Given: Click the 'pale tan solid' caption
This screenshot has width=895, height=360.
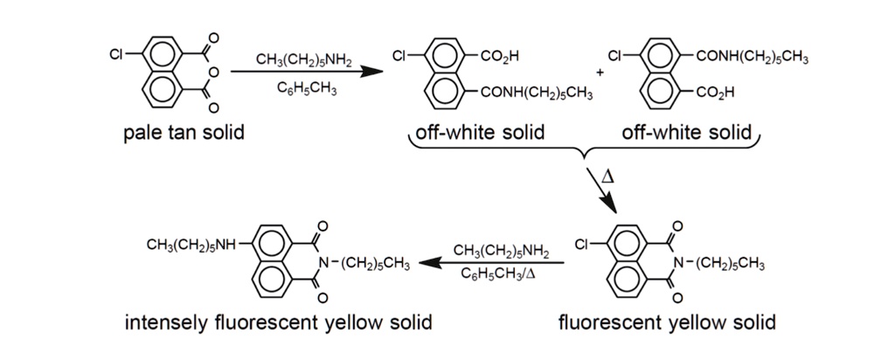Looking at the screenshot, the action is (x=184, y=134).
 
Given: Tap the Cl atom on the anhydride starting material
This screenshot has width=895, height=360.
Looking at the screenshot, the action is (x=117, y=55).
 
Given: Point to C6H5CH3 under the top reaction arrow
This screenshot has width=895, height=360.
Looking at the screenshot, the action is (x=302, y=90).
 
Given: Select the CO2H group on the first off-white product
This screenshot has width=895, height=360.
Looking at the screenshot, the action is (x=500, y=56).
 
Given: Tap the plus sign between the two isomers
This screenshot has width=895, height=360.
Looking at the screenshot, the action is (x=599, y=73).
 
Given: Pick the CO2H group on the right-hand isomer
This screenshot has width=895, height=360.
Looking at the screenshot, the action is (x=715, y=92).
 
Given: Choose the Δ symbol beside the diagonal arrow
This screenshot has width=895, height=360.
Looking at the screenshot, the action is (x=607, y=177).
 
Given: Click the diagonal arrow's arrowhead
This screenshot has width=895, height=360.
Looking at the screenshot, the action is (x=609, y=204).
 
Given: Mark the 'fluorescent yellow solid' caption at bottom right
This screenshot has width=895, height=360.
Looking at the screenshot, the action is (x=667, y=322).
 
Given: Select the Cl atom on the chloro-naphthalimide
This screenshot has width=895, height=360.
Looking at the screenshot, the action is (x=581, y=246).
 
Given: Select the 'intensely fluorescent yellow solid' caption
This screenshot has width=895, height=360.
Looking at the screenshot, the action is (x=278, y=322).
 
